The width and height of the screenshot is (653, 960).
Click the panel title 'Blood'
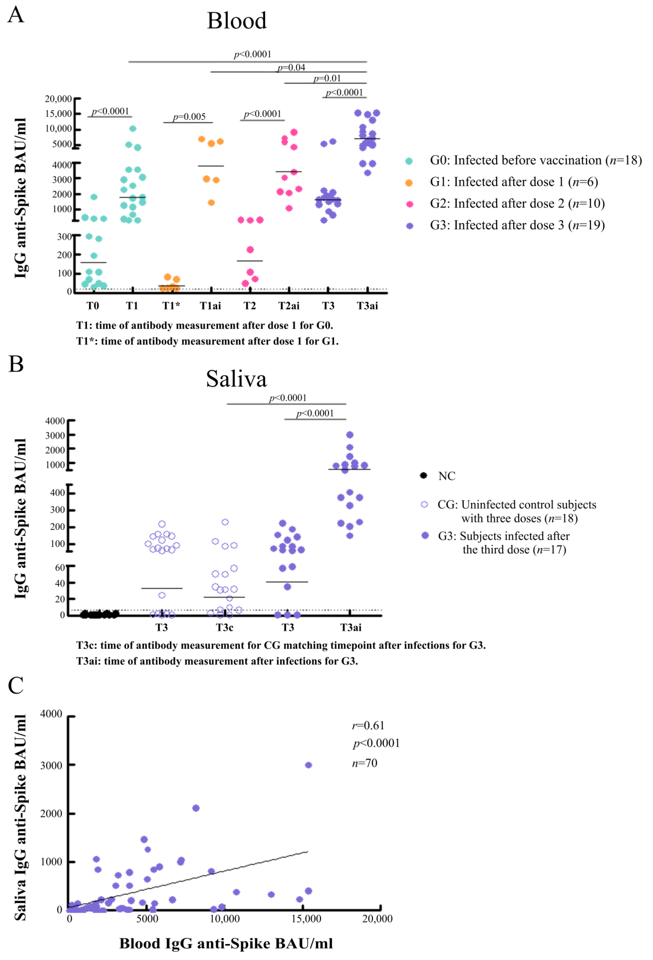[x=237, y=21]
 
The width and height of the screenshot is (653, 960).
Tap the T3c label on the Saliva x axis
[x=225, y=628]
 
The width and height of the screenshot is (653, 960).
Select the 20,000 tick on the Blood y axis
[x=58, y=99]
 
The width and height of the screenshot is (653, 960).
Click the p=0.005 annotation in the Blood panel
[x=189, y=117]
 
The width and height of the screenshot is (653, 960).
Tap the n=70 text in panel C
[x=364, y=763]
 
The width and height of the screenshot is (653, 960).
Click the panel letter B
[x=16, y=364]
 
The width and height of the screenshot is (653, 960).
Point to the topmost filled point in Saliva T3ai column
[x=350, y=434]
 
